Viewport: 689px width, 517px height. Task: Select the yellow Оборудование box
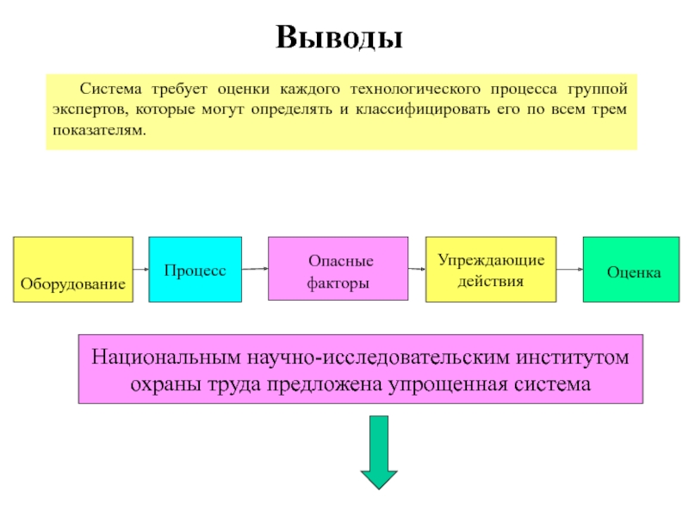[73, 269]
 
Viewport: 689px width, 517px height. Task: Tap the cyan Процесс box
[196, 269]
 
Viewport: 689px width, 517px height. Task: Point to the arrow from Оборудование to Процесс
[141, 269]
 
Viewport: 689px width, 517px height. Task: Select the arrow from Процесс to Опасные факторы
[255, 270]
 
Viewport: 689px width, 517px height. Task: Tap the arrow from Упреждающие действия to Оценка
[569, 269]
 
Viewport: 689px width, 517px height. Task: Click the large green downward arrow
[378, 452]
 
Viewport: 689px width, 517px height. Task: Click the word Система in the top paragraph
[111, 89]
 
